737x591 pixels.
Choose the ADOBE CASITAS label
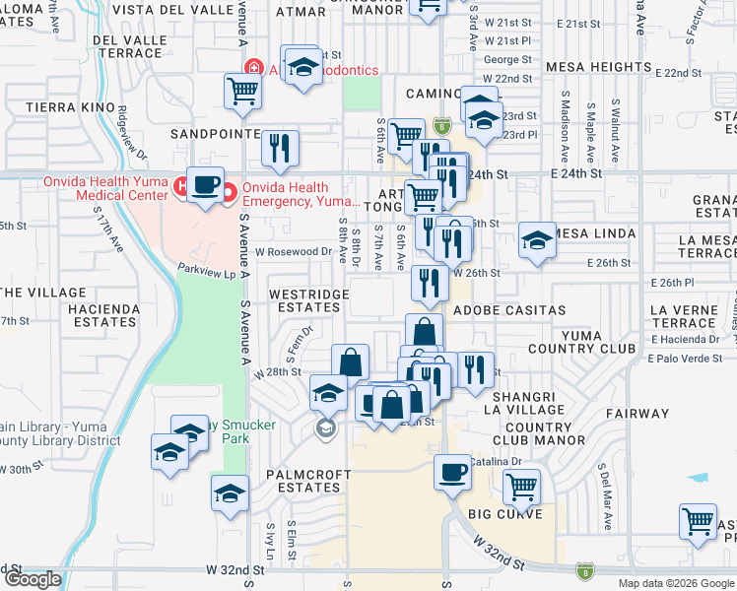pyautogui.click(x=509, y=310)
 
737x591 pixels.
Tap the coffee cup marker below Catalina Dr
pyautogui.click(x=453, y=472)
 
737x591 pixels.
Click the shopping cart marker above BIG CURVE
pyautogui.click(x=521, y=485)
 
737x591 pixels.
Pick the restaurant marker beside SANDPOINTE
pyautogui.click(x=280, y=148)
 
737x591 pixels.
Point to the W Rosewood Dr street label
pyautogui.click(x=294, y=251)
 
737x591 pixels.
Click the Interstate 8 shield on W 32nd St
pyautogui.click(x=585, y=569)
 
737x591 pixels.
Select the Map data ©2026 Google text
pyautogui.click(x=676, y=583)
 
